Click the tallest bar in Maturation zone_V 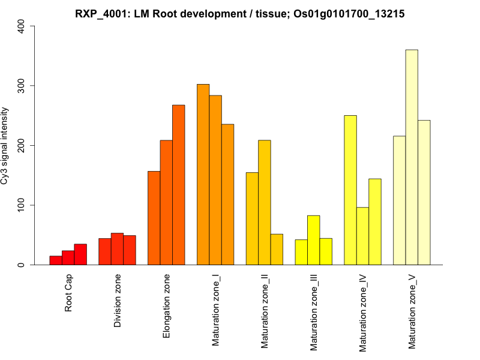pos(412,157)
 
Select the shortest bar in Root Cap pos(56,260)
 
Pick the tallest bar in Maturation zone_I pos(203,175)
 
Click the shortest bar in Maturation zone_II pos(277,250)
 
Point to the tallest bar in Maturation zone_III pos(313,240)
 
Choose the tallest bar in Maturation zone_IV pos(350,190)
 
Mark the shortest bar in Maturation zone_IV pos(362,236)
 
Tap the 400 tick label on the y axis pos(22,26)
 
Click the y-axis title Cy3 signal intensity pos(5,145)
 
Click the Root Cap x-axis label pos(69,294)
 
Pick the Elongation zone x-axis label pos(167,305)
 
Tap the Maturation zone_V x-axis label pos(412,311)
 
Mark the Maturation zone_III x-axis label pos(314,312)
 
